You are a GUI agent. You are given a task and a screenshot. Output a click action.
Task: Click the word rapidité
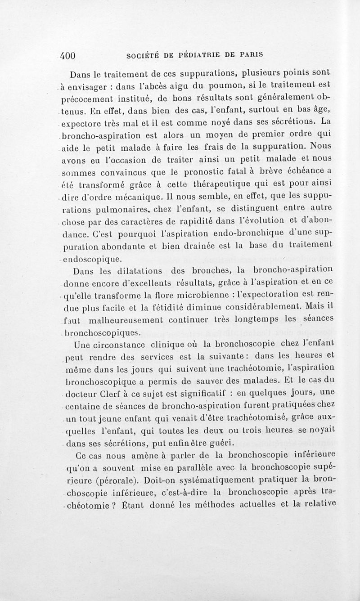191,221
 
